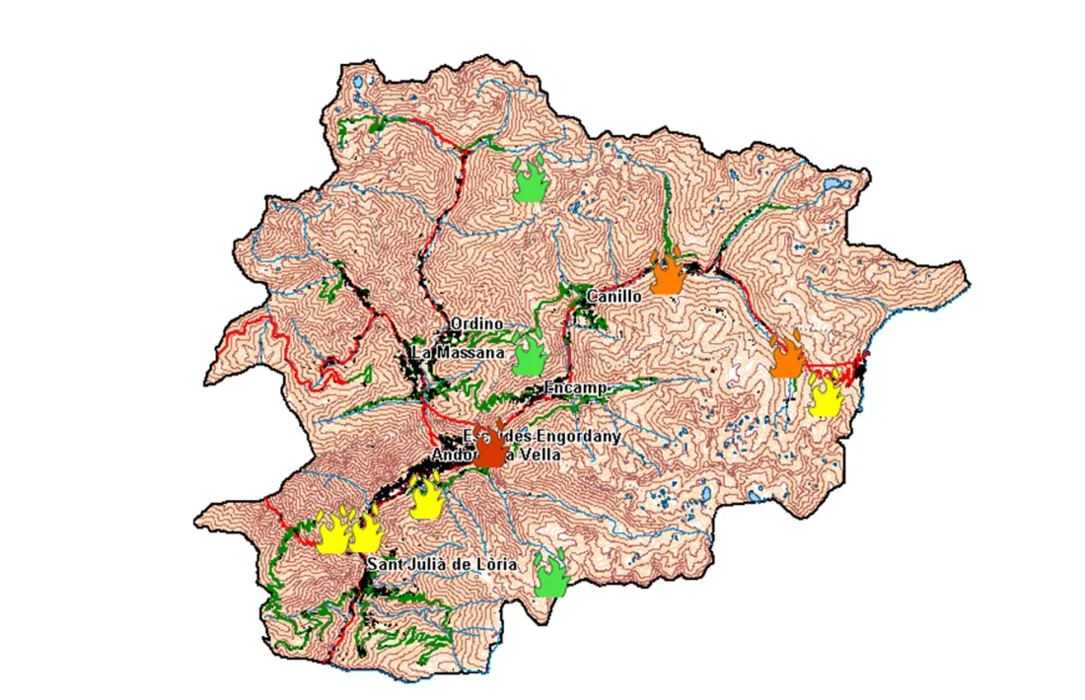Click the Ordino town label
point(476,323)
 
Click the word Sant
point(384,565)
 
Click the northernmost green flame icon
point(531,178)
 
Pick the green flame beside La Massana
point(530,355)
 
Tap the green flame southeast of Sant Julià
point(549,574)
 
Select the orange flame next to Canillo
point(668,273)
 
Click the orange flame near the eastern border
point(786,356)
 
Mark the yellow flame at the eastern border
point(825,392)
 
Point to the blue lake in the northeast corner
point(833,184)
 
